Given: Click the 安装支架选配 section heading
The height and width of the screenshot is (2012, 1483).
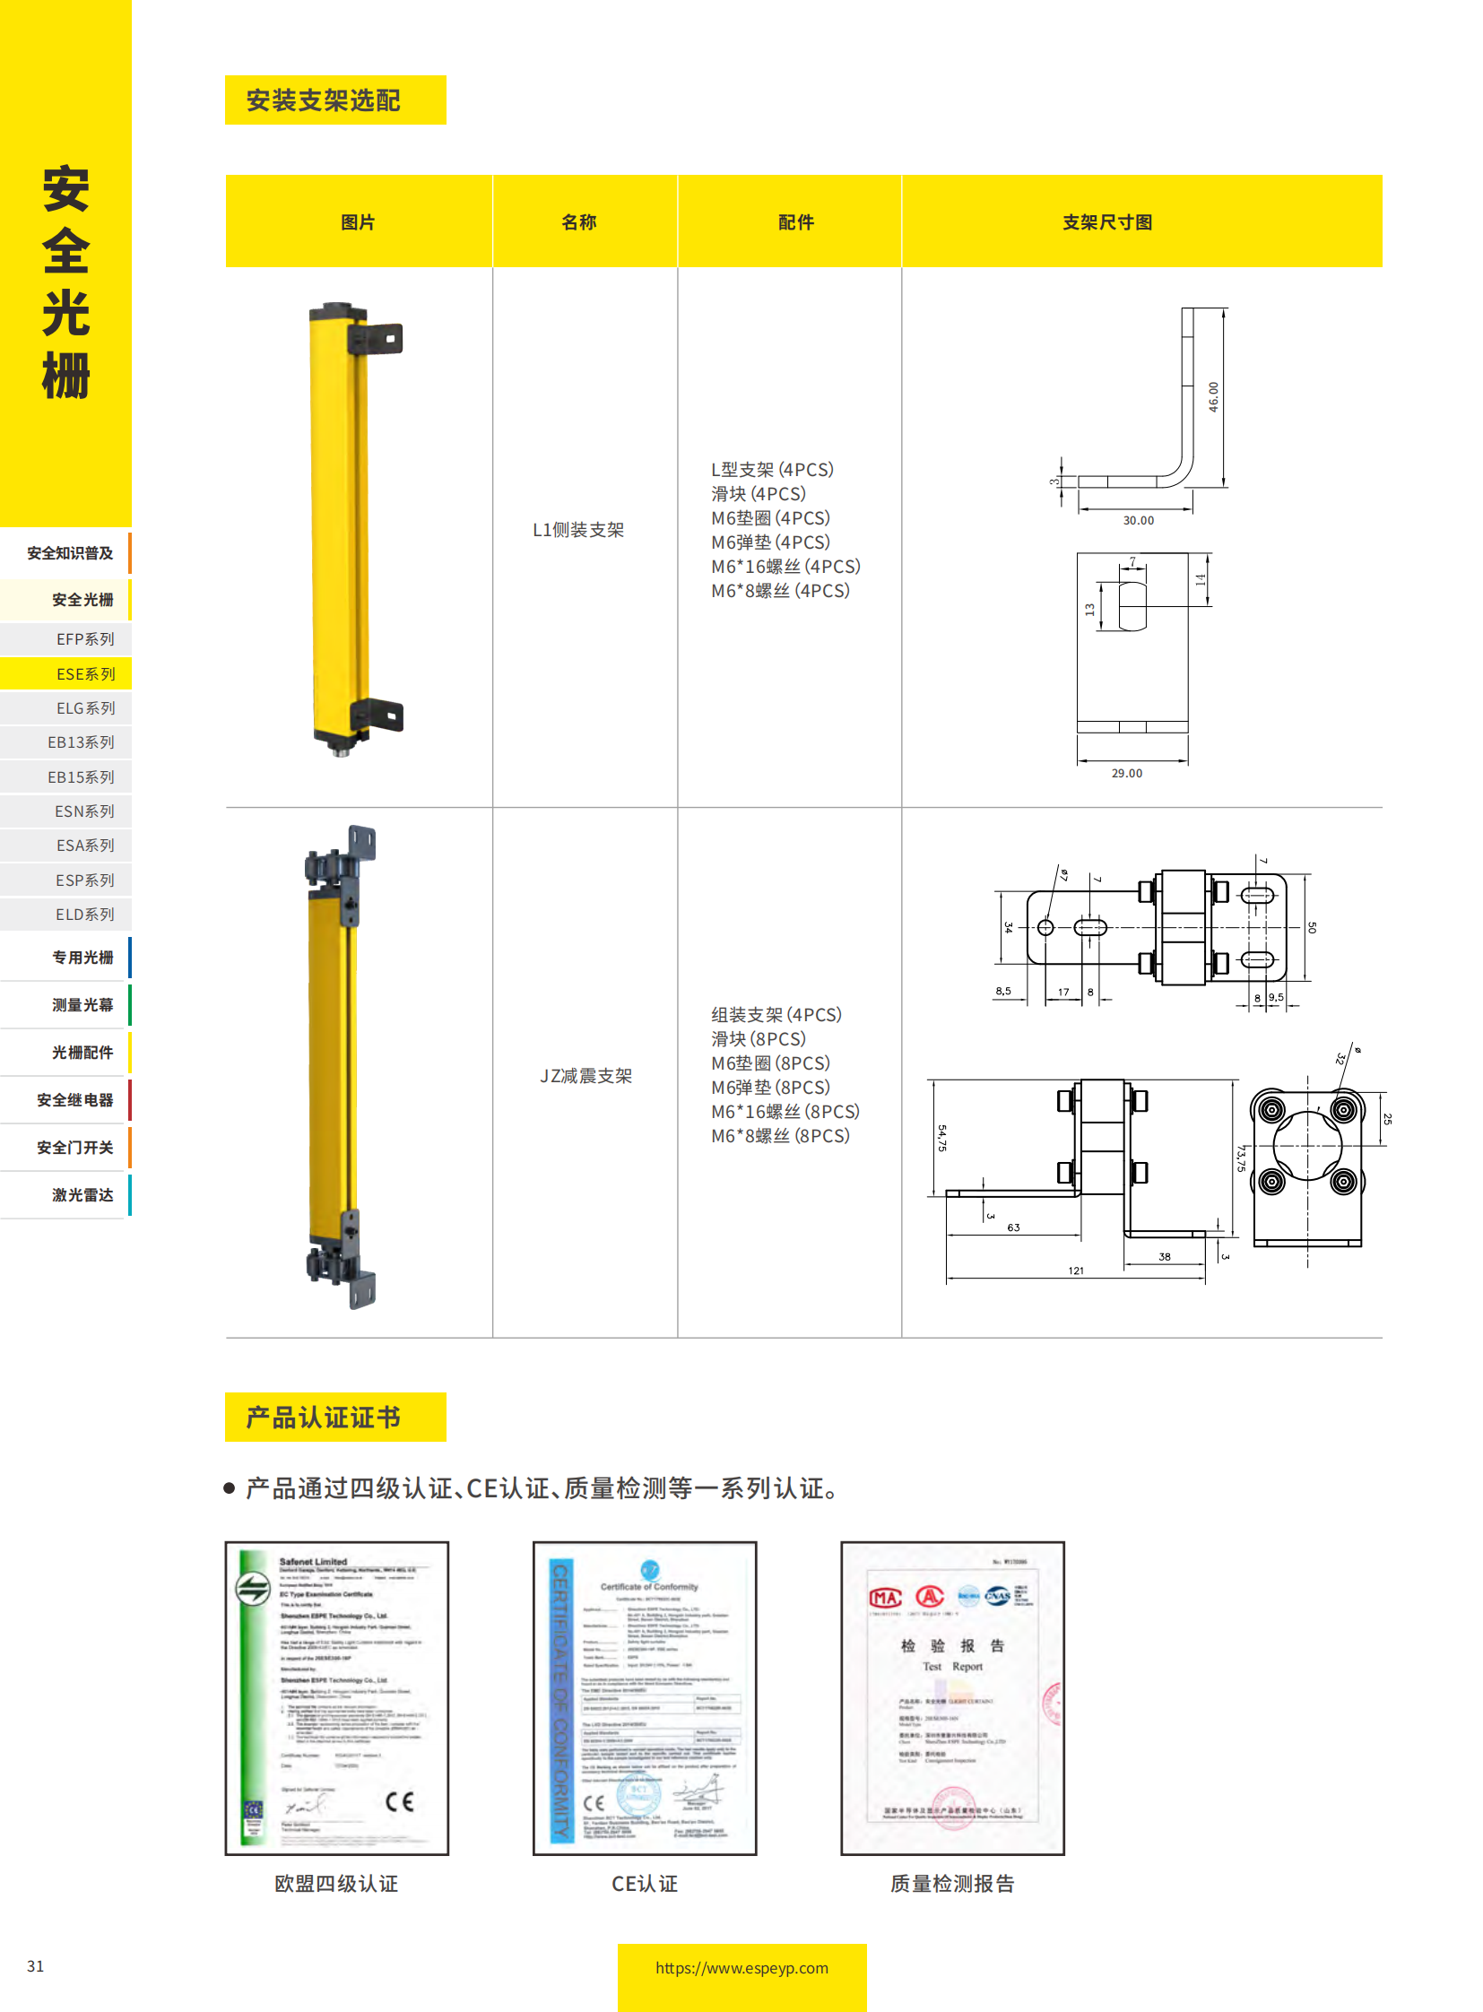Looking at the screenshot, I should (x=323, y=100).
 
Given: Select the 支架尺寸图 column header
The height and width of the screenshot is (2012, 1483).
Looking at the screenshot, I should (x=1106, y=222).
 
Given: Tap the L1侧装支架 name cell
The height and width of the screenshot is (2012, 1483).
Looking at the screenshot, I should (x=578, y=530).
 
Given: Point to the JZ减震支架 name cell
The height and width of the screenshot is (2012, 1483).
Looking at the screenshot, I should (x=585, y=1076).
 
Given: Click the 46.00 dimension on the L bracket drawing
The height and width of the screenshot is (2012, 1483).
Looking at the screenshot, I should (x=1214, y=397).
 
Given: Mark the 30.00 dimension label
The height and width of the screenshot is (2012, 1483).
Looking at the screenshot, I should (x=1139, y=521).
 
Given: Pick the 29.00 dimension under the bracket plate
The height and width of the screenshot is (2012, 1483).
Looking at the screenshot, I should (x=1127, y=773).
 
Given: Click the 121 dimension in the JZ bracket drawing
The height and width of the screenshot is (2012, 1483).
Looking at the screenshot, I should (x=1075, y=1271).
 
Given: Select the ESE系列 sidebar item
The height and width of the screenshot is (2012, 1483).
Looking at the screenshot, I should (x=85, y=674).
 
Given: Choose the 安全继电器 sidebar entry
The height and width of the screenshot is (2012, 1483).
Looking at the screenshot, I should (x=74, y=1100).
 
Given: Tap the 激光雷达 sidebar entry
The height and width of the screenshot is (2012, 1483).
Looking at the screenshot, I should (x=82, y=1195).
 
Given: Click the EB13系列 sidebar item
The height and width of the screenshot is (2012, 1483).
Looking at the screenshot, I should (x=81, y=742).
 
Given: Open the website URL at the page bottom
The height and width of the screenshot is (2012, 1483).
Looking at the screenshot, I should (x=741, y=1968).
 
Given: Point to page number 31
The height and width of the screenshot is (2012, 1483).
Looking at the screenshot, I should (x=35, y=1966).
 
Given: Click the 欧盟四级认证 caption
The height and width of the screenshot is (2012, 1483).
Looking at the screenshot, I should (x=335, y=1884).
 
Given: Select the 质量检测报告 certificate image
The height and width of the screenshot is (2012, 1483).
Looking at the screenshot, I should (x=951, y=1698).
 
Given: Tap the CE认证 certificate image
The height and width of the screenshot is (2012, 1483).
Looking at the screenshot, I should (x=645, y=1698).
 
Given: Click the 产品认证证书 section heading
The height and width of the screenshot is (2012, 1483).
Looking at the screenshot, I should (x=323, y=1418).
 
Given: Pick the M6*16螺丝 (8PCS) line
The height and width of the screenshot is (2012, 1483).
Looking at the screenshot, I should (x=785, y=1112).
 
